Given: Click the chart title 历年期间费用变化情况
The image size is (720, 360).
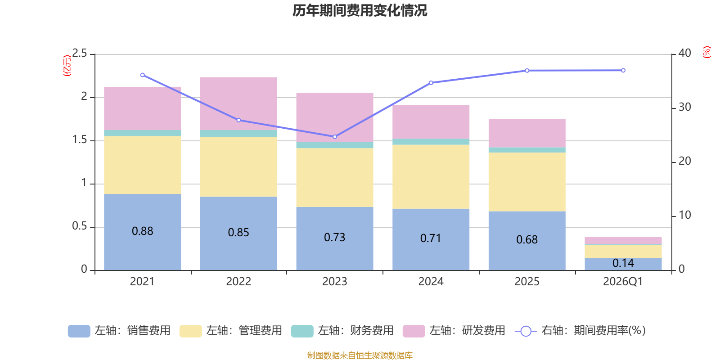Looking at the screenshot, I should pos(360,10).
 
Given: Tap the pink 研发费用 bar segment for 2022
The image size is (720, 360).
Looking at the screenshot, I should pos(238,103).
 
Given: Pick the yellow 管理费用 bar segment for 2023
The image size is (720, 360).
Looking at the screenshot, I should pos(334,177).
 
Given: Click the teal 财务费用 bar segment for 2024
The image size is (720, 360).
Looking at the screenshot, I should pos(431,142).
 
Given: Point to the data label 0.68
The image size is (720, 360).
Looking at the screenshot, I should pos(527,240).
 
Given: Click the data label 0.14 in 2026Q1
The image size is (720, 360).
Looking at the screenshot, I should pos(623,263).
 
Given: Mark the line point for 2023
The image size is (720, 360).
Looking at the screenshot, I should pos(335,137).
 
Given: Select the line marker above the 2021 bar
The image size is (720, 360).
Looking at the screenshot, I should pos(143,75).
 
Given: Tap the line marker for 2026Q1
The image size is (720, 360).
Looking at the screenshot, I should pos(623,71).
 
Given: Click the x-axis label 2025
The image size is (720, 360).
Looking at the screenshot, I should pos(527,282).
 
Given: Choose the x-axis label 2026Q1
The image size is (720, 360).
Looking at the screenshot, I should pos(623,282).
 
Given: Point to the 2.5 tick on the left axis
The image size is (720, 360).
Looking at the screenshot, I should pos(80,54).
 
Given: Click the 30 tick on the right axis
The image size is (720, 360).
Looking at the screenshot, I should pos(684,107).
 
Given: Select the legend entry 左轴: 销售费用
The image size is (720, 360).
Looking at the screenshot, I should pos(120,331).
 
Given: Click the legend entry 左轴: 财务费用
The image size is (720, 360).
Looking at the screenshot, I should pos(343,331).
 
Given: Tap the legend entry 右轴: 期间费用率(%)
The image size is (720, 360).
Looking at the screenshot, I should pos(580,331).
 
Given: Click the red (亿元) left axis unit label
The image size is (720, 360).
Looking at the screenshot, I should pos(67,66).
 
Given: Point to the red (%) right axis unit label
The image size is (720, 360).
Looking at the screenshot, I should pos(706,52).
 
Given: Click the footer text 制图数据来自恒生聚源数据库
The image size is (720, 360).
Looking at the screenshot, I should pos(360,355).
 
